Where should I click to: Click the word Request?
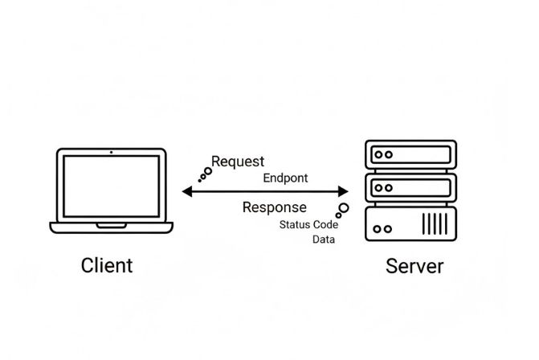(237, 162)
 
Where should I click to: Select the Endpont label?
(285, 178)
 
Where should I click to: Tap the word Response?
(274, 207)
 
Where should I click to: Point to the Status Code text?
(308, 224)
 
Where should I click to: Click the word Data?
(324, 239)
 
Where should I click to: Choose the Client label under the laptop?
(107, 265)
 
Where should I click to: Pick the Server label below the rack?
(414, 266)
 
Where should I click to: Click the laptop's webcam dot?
(111, 152)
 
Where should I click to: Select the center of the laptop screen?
(111, 186)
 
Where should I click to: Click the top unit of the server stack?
(410, 154)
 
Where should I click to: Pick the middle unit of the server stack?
(410, 188)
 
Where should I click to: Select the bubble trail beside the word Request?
(205, 174)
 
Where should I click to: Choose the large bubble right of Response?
(344, 210)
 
